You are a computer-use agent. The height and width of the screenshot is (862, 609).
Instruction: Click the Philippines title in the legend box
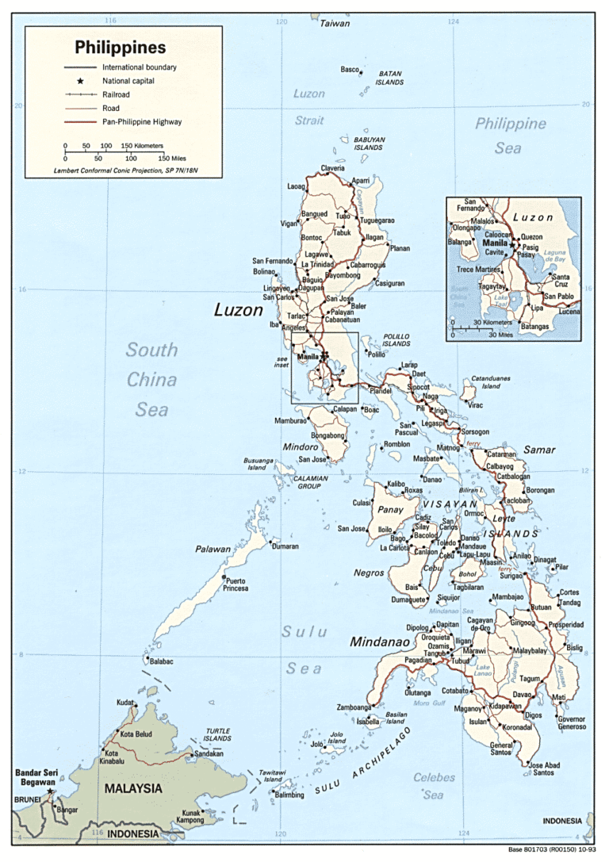pyautogui.click(x=121, y=48)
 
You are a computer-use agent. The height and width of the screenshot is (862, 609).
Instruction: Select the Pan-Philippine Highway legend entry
pyautogui.click(x=141, y=122)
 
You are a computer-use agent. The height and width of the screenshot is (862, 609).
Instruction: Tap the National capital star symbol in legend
pyautogui.click(x=80, y=81)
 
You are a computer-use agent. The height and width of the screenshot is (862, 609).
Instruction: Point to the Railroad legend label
pyautogui.click(x=116, y=94)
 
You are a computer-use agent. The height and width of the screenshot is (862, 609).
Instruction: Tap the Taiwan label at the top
pyautogui.click(x=335, y=24)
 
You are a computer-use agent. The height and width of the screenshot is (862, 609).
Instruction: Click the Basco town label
pyautogui.click(x=350, y=70)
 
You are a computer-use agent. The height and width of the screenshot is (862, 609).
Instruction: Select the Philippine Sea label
pyautogui.click(x=510, y=136)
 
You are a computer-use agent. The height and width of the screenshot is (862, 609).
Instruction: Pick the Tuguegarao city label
pyautogui.click(x=377, y=220)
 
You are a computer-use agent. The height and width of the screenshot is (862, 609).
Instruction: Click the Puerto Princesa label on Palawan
pyautogui.click(x=236, y=584)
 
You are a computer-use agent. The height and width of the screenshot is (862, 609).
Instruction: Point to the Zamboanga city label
pyautogui.click(x=354, y=707)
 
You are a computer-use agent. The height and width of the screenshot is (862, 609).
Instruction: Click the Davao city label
pyautogui.click(x=522, y=695)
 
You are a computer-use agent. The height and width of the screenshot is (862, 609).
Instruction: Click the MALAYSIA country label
pyautogui.click(x=133, y=789)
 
